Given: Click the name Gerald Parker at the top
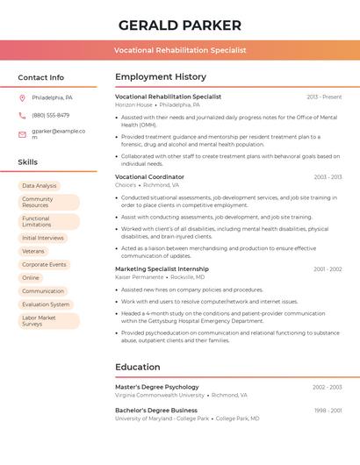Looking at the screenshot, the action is coord(179,25).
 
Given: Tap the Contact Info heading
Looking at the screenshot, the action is coord(40,77).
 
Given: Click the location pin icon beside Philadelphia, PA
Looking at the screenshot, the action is coord(22,97).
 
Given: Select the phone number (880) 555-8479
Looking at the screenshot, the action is coord(50,115).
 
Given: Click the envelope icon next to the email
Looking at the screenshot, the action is coord(22,134).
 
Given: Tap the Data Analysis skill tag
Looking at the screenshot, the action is coord(39,186).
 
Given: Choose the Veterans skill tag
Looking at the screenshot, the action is coord(32,251).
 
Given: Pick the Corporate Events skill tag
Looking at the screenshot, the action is coord(44,264).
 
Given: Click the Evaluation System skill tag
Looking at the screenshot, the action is coord(46,304).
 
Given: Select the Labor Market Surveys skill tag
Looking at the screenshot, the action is coord(39,321).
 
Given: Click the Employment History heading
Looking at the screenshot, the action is coord(161,77).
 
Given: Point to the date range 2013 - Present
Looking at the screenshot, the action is coord(324,97).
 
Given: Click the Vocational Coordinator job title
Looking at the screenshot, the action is coord(149,176).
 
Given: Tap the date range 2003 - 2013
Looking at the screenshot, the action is coord(328,176).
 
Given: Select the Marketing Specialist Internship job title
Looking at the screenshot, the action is coord(162,268).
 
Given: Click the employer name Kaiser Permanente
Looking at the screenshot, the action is coord(139,277).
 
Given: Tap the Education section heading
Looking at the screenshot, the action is coord(137,367).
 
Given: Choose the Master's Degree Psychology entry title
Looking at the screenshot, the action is coord(156,387).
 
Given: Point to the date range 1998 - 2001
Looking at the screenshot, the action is coord(328,410).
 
